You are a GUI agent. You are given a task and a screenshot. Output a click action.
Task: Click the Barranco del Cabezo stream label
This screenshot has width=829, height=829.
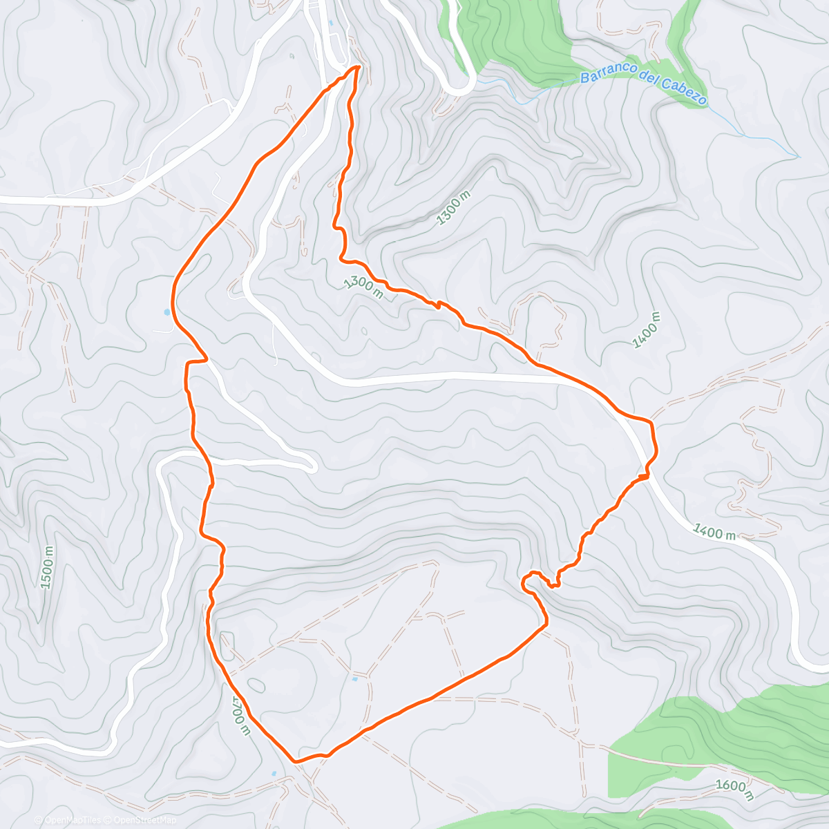pyautogui.click(x=643, y=86)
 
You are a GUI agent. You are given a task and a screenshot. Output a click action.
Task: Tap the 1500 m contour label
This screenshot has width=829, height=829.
pyautogui.click(x=47, y=567)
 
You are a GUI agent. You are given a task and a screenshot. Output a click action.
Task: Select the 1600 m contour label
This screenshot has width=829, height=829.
pyautogui.click(x=734, y=790)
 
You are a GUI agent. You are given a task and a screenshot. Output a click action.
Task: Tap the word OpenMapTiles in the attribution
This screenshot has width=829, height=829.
pyautogui.click(x=72, y=820)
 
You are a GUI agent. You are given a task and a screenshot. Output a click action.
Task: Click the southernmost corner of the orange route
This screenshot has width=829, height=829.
pyautogui.click(x=296, y=761)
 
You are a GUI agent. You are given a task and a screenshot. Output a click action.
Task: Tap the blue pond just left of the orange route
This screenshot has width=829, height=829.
pyautogui.click(x=166, y=312)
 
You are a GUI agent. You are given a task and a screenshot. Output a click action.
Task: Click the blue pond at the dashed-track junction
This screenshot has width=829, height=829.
pyautogui.click(x=355, y=679)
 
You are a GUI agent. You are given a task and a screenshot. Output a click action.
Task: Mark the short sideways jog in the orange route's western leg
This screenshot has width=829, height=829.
pyautogui.click(x=198, y=360)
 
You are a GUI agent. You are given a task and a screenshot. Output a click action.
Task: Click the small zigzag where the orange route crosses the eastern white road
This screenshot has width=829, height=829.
pyautogui.click(x=643, y=475)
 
